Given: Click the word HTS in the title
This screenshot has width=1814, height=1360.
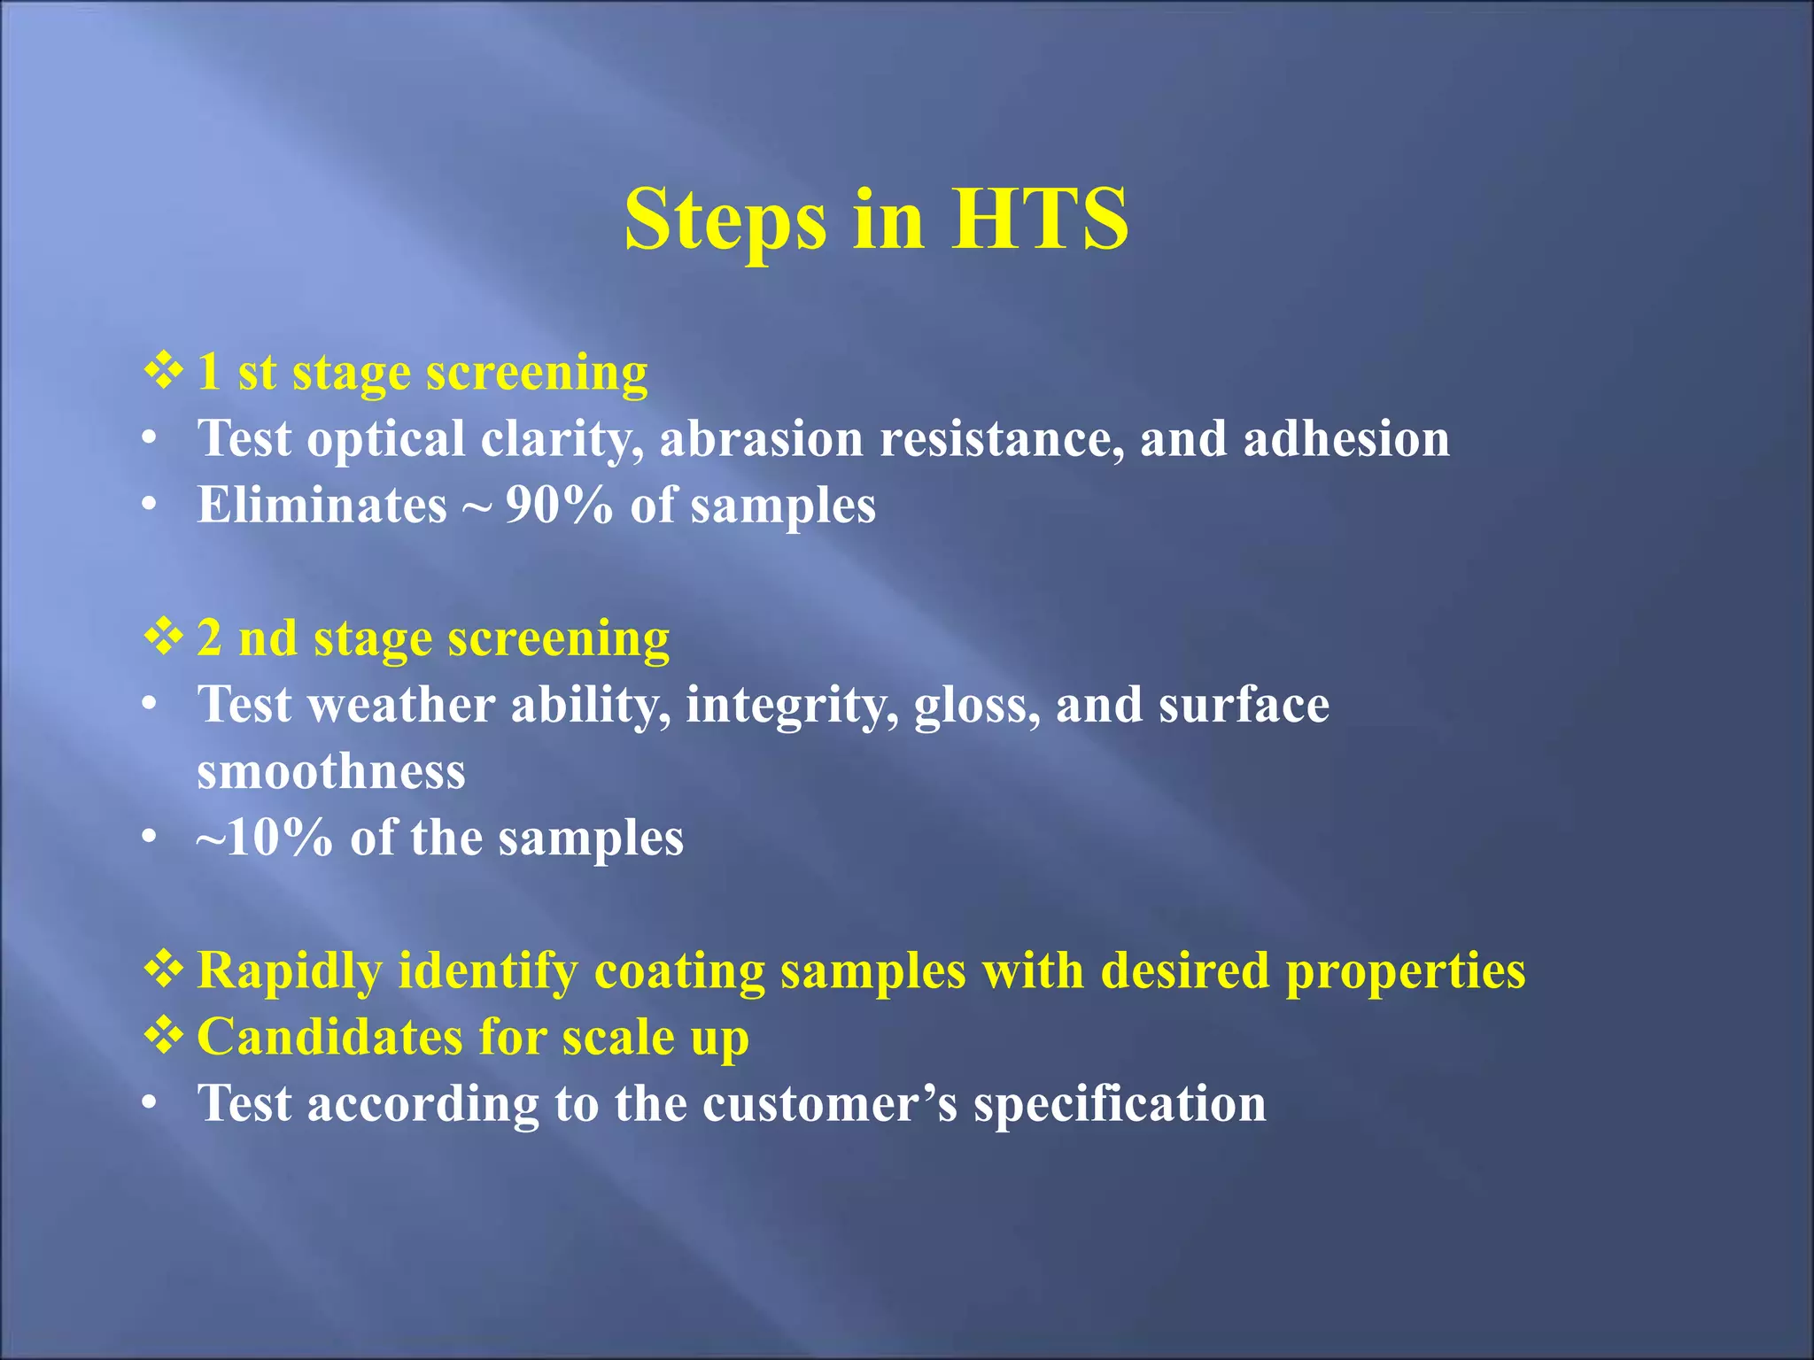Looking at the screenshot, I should (x=1039, y=219).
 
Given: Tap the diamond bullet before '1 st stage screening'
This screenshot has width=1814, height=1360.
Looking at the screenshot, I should (x=163, y=370).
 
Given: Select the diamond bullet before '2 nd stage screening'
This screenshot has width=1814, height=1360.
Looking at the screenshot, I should (x=163, y=637).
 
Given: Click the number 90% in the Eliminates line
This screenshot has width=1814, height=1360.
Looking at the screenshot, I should (x=558, y=506).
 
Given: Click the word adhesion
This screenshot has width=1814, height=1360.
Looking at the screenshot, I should (x=1346, y=438).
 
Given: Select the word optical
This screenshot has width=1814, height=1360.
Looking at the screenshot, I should (x=385, y=440).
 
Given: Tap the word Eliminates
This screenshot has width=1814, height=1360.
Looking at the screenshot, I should (x=322, y=506).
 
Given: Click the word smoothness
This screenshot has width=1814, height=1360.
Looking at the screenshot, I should (x=330, y=771).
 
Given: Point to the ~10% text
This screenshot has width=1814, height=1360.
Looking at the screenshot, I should (x=264, y=838).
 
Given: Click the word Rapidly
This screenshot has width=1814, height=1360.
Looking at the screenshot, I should (x=289, y=971).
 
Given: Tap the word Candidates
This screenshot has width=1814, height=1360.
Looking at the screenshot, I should (x=329, y=1037).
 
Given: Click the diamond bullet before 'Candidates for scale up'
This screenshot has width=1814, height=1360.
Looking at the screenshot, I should (x=163, y=1035).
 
